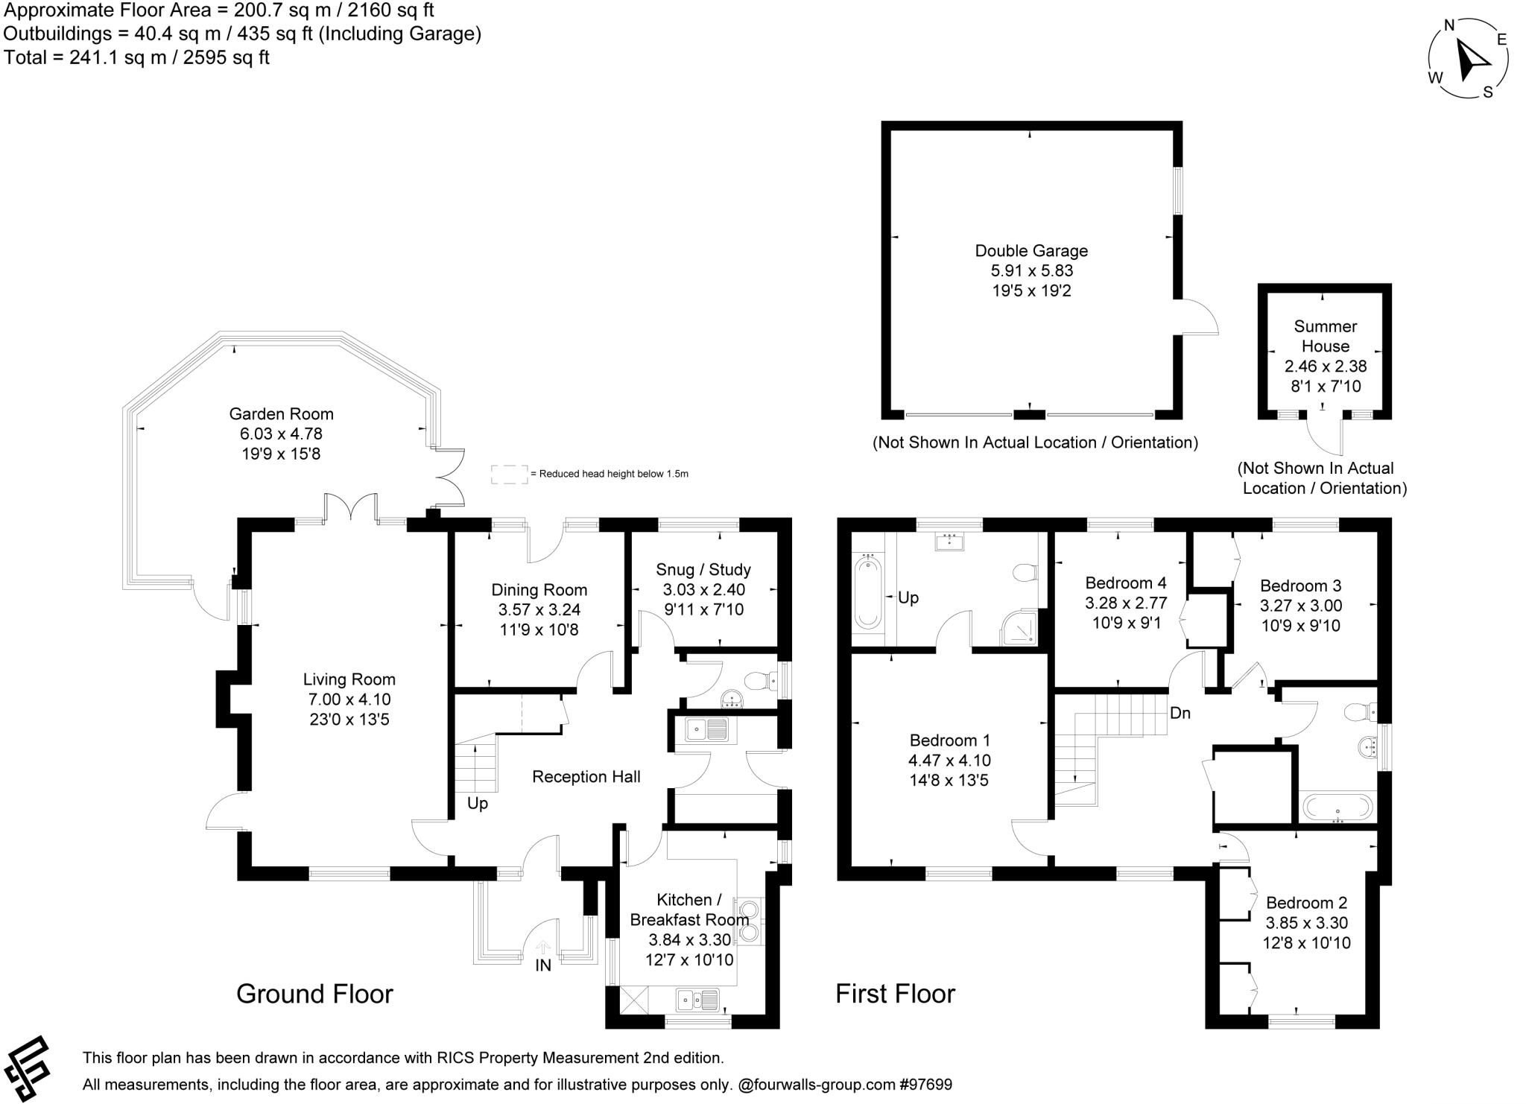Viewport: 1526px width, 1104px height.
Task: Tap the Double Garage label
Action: coord(1031,251)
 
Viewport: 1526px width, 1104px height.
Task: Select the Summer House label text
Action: coord(1325,336)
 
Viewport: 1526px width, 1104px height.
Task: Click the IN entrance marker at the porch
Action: coord(543,965)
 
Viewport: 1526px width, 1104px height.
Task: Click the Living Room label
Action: coord(349,679)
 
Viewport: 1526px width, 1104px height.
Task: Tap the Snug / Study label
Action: coord(703,570)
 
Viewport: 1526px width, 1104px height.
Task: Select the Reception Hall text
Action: coord(586,777)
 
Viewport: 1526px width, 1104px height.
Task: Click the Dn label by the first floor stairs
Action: coord(1180,714)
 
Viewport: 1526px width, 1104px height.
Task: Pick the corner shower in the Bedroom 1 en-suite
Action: coord(1017,629)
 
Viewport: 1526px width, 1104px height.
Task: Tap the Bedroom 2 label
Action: coord(1306,903)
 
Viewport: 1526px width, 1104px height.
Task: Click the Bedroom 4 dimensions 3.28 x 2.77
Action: coord(1125,603)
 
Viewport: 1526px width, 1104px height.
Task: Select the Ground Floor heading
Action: coord(314,994)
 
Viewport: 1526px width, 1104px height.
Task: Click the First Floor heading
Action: coord(895,994)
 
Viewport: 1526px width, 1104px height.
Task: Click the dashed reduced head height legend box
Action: coord(508,474)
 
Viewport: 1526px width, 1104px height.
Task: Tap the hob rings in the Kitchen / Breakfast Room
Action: coord(750,921)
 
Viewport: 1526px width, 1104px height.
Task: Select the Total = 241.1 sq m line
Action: coord(136,58)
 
